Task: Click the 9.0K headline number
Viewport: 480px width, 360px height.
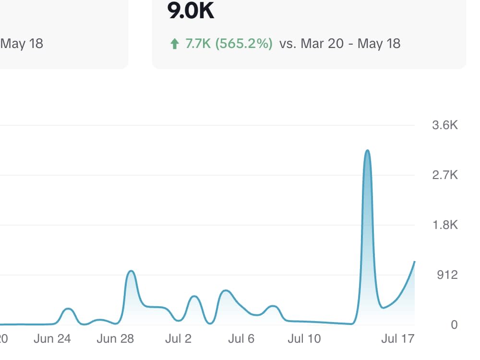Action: pos(191,11)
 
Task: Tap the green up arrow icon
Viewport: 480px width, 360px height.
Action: pos(174,44)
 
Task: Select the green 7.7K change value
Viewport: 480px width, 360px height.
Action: pos(198,44)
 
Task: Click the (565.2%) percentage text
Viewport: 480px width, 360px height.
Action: pos(244,44)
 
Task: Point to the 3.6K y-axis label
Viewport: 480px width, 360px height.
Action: pos(445,126)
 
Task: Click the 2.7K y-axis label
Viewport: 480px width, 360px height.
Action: pos(445,175)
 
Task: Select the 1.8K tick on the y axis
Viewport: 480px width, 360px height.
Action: pos(445,225)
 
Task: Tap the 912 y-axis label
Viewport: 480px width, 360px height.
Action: pos(447,275)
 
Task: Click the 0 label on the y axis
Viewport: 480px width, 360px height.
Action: pos(454,325)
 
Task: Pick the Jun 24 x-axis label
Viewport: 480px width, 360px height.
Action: pos(52,339)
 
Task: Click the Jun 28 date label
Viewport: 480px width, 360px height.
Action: pos(115,339)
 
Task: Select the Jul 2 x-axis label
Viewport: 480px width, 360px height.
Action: pos(178,339)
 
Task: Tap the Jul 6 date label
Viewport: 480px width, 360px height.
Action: pos(241,339)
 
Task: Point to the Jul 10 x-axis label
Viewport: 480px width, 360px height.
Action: pos(304,339)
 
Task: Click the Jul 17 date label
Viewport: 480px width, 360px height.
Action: pos(397,339)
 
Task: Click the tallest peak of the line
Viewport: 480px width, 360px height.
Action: pos(367,151)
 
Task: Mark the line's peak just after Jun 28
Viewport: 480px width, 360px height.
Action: pos(131,271)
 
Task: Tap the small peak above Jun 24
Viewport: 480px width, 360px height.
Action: pos(68,309)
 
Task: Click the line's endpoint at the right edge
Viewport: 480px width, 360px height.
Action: pos(414,262)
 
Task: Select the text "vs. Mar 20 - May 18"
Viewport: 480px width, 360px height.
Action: pos(340,44)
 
